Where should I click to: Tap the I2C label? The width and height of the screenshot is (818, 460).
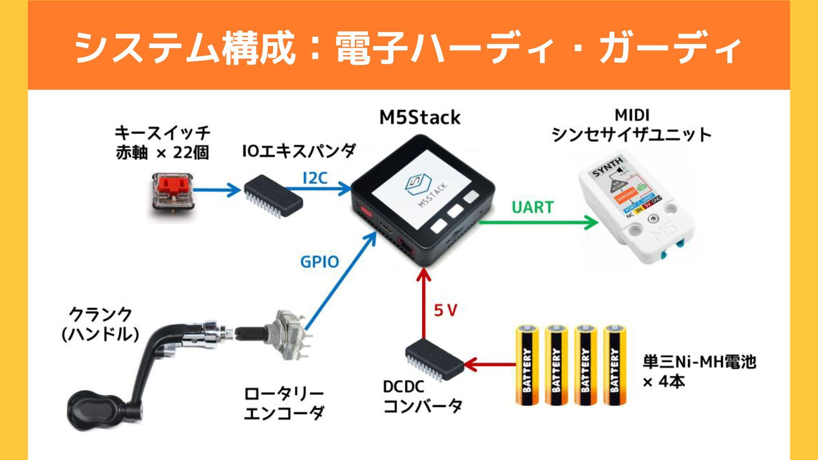point(315,178)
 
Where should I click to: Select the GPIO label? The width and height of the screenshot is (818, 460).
point(320,262)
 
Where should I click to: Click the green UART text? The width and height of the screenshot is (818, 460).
point(532,207)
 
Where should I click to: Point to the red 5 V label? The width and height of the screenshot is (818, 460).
point(445,311)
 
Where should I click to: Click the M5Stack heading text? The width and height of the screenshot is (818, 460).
point(420,118)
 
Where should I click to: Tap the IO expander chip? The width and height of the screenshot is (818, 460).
point(273,197)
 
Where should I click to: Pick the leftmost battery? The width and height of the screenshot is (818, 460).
point(527,365)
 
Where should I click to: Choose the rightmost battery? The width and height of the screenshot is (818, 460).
point(614,365)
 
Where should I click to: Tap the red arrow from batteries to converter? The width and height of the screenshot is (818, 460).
point(490,365)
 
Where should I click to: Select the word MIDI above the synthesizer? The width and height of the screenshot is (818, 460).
point(632,115)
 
